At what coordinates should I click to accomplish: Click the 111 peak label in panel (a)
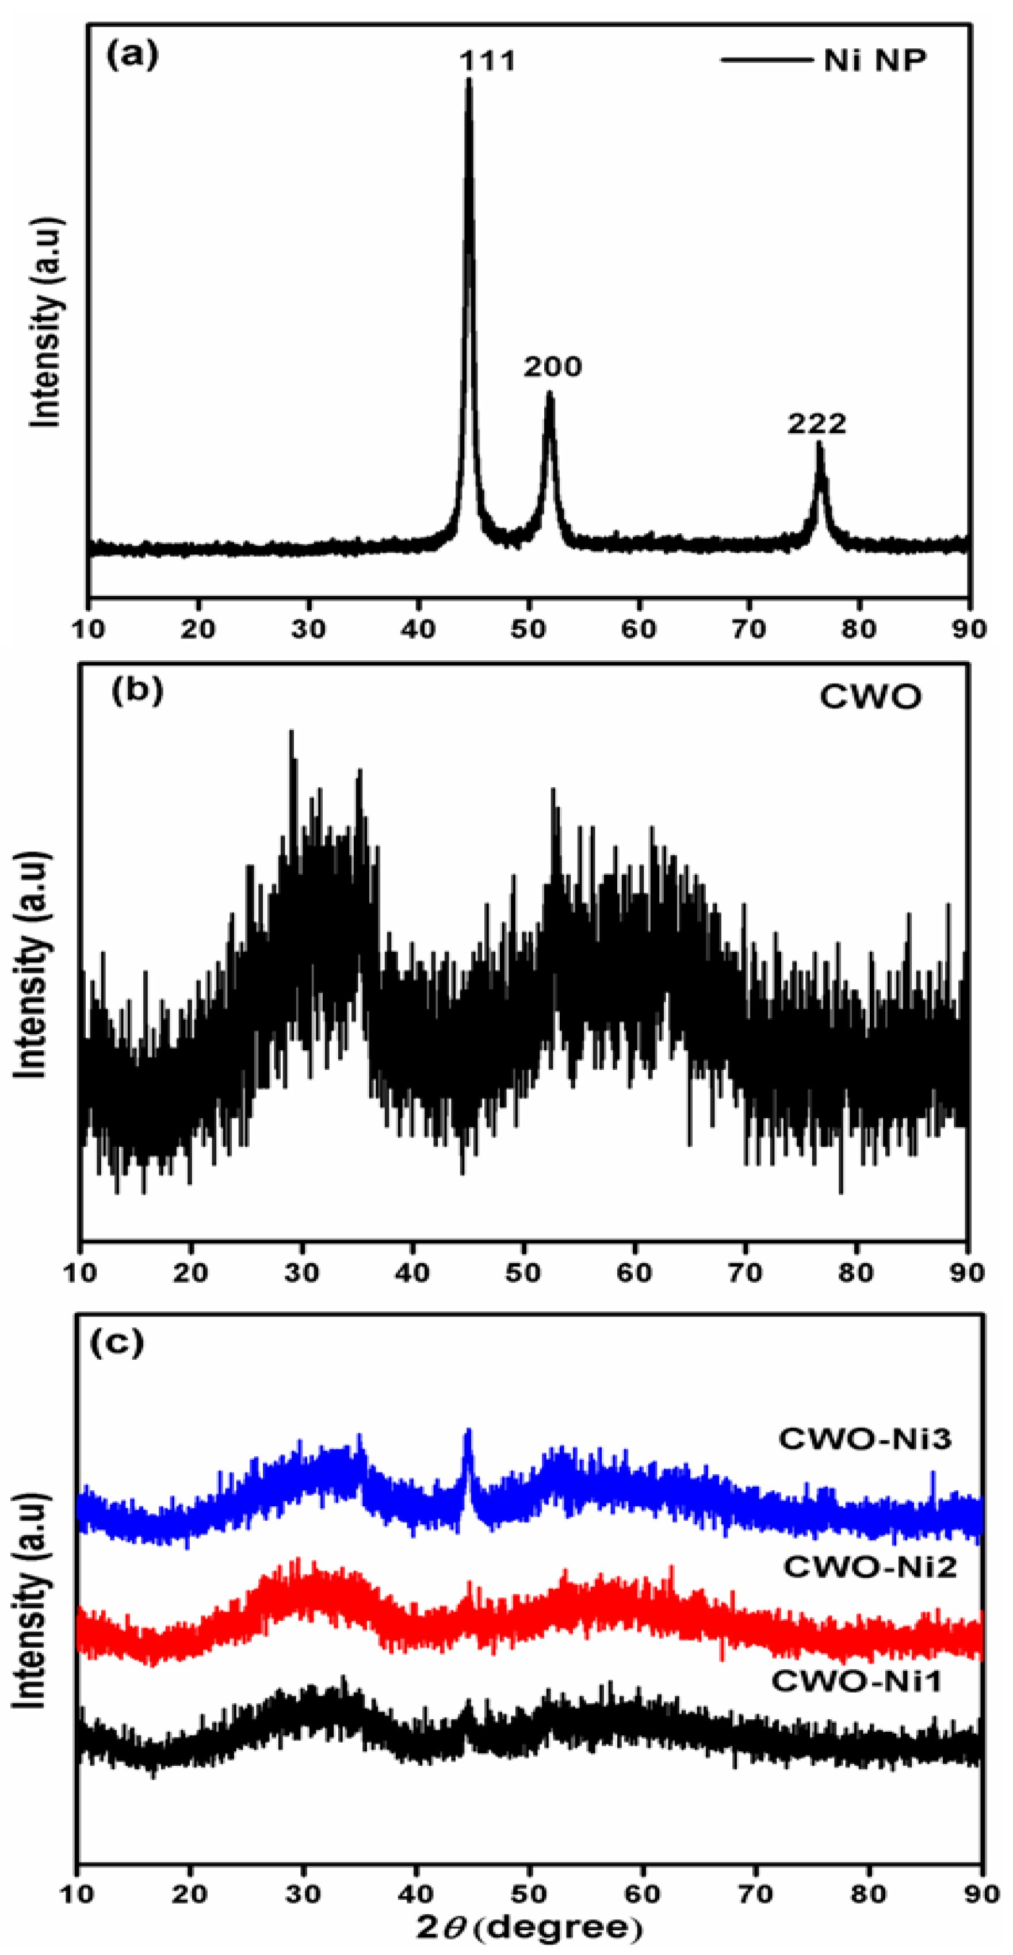pos(488,61)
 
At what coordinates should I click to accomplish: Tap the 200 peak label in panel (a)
pos(552,368)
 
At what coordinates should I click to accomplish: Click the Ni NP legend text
pos(875,60)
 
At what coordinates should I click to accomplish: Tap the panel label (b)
pos(136,691)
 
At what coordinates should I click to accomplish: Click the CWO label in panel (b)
pos(870,696)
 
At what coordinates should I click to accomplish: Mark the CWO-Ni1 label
pos(857,1681)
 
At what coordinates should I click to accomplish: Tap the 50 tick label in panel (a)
pos(529,629)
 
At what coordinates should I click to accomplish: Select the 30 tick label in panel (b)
pos(301,1273)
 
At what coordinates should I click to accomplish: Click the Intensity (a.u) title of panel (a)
pos(45,323)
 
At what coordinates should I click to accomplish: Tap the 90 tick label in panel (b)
pos(966,1273)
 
